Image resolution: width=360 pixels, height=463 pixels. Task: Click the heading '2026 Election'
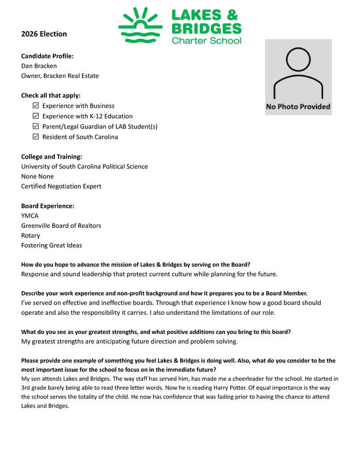pyautogui.click(x=44, y=34)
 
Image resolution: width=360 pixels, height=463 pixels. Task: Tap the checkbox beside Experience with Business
pyautogui.click(x=36, y=106)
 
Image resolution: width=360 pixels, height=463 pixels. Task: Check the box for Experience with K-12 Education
pyautogui.click(x=36, y=116)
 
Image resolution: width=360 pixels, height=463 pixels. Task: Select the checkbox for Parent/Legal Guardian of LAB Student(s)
pyautogui.click(x=36, y=127)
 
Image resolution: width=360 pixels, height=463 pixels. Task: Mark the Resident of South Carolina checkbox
pyautogui.click(x=36, y=137)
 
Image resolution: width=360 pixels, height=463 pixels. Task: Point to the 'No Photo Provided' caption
pyautogui.click(x=298, y=106)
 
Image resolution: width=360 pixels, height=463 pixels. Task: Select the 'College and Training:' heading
pyautogui.click(x=52, y=156)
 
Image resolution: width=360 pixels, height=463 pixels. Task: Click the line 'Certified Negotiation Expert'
pyautogui.click(x=61, y=186)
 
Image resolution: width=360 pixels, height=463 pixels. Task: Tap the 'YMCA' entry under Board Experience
pyautogui.click(x=31, y=215)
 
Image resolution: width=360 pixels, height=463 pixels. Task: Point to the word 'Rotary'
pyautogui.click(x=31, y=236)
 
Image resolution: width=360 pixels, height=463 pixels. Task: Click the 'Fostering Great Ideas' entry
pyautogui.click(x=52, y=245)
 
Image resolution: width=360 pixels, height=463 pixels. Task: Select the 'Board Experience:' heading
pyautogui.click(x=47, y=205)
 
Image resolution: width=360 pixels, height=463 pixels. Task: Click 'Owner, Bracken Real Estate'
pyautogui.click(x=60, y=76)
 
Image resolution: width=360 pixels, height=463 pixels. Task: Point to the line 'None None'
pyautogui.click(x=38, y=177)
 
